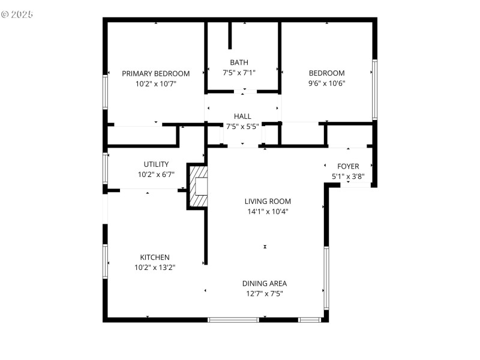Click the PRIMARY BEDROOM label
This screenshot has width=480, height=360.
click(x=155, y=74)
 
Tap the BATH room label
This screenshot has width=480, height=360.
click(x=239, y=62)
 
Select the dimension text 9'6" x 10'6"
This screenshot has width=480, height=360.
click(x=326, y=83)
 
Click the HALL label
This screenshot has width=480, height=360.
click(x=242, y=116)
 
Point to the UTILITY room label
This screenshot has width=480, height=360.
click(x=155, y=164)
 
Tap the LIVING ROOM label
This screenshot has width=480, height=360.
click(x=268, y=202)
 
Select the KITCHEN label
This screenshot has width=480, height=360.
click(x=155, y=257)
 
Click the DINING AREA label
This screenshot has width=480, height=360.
click(x=264, y=284)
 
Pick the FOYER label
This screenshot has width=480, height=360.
click(x=348, y=166)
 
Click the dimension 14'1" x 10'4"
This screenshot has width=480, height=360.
click(x=268, y=211)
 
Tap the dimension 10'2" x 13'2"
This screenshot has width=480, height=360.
click(x=155, y=268)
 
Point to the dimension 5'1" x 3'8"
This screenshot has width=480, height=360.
click(x=348, y=176)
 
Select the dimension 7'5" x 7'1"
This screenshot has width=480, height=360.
click(x=239, y=73)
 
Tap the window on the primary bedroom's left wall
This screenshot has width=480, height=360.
click(x=106, y=91)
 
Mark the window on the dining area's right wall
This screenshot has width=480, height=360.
click(x=326, y=278)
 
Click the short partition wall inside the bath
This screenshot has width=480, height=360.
click(x=230, y=36)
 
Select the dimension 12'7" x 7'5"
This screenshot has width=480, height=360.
click(x=264, y=293)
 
